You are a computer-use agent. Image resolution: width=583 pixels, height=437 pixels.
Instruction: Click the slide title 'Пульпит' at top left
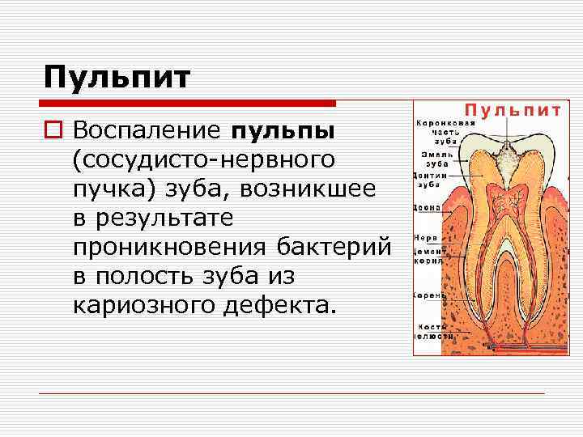(117, 78)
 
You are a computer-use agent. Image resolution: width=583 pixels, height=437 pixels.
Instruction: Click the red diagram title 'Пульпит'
(511, 111)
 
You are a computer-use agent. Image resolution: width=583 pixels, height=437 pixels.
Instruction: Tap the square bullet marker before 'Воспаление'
(54, 131)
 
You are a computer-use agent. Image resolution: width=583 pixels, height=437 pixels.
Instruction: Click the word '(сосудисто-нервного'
(203, 159)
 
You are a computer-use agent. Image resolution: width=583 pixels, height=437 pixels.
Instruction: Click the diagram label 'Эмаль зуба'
(430, 156)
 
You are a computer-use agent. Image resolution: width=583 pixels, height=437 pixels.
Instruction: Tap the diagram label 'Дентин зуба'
(428, 179)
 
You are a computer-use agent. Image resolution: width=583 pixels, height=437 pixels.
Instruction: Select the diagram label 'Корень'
(427, 295)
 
